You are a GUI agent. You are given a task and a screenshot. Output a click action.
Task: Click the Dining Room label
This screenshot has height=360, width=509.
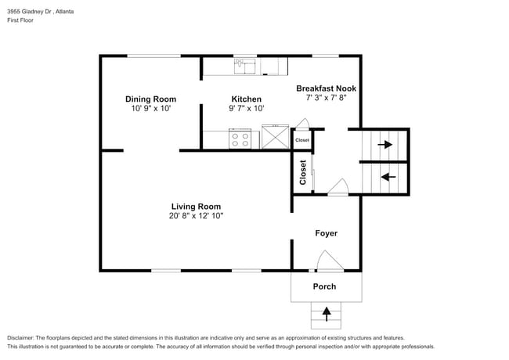coord(150,99)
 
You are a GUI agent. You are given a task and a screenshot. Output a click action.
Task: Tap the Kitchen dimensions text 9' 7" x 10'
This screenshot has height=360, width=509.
coord(246,110)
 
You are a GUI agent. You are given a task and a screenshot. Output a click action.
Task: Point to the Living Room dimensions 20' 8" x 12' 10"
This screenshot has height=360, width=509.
coord(196,216)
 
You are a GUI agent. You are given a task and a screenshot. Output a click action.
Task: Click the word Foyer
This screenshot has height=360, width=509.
coord(326,233)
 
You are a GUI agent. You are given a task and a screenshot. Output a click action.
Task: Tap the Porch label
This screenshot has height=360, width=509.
coord(324,286)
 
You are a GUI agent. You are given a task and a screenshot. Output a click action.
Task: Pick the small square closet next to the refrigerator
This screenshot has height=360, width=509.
coord(301,140)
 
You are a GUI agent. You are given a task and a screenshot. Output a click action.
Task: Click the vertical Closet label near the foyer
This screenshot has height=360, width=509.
coord(303,172)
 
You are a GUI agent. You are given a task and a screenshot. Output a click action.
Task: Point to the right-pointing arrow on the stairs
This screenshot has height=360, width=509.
coord(384,145)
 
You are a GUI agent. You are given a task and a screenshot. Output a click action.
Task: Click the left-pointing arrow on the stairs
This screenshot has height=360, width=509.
coord(384,177)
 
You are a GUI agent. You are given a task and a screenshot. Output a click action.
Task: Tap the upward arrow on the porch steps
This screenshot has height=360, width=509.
coord(326,315)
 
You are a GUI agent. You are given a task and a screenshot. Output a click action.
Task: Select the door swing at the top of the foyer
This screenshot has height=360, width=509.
coord(338,187)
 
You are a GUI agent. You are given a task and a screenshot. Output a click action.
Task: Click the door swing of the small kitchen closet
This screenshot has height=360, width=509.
coord(303,124)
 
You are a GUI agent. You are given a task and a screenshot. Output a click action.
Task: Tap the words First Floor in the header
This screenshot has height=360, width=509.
coord(23,23)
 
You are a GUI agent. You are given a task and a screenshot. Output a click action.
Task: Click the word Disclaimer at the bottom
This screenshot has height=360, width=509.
coord(23,337)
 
